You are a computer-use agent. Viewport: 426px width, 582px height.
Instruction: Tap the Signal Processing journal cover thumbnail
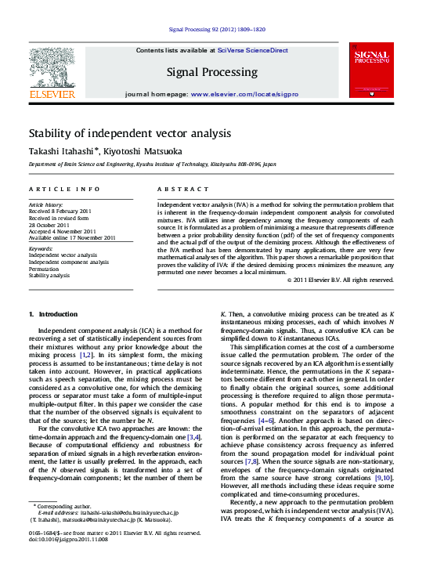pos(371,71)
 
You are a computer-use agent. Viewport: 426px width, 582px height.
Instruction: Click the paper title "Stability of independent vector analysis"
pos(130,133)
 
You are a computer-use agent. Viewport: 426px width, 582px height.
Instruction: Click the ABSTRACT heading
pos(181,190)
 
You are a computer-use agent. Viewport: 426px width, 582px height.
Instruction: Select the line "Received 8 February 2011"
pos(60,211)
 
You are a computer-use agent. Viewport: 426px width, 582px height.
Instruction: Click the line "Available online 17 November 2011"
pos(72,237)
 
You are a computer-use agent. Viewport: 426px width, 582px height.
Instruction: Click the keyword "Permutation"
pos(47,269)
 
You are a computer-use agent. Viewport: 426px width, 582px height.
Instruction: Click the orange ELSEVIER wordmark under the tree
pos(52,95)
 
